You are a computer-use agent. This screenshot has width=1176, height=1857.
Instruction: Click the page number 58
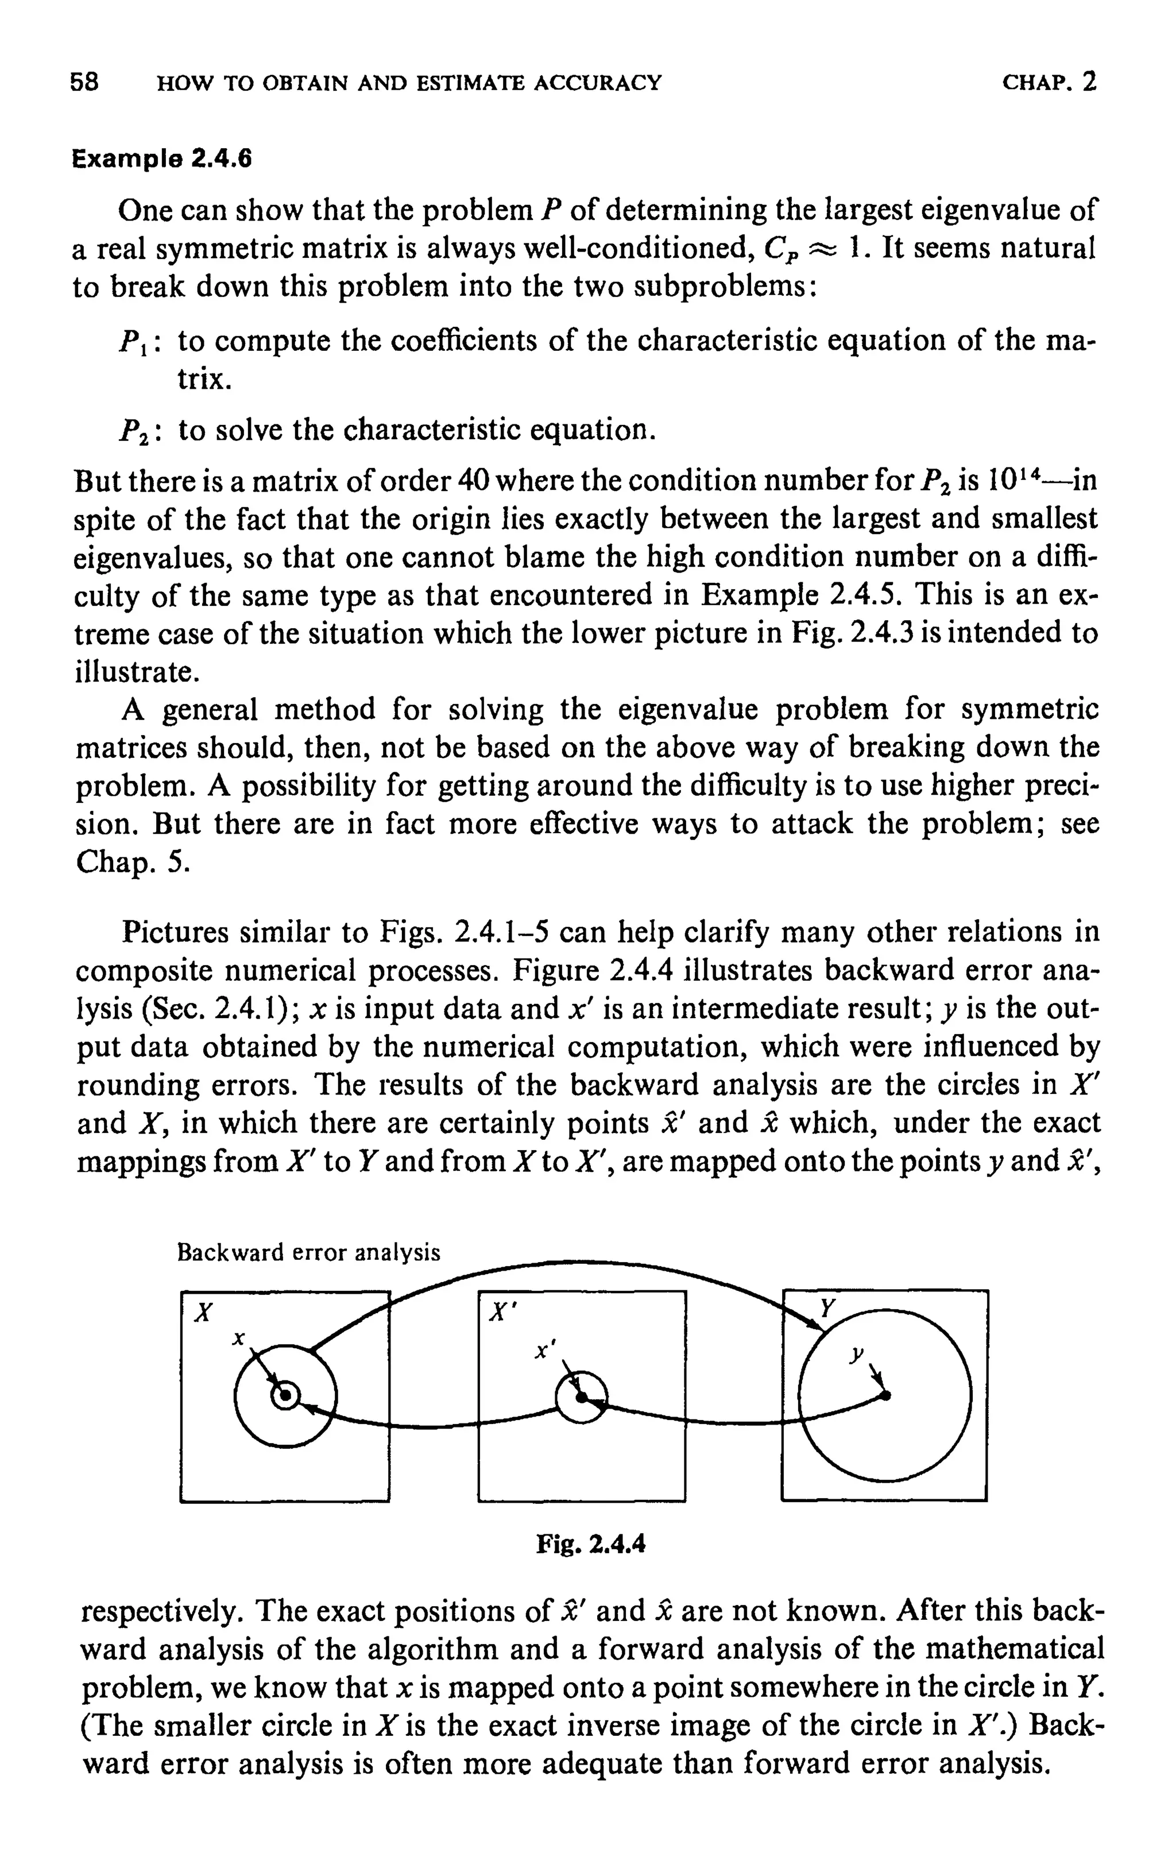tap(84, 82)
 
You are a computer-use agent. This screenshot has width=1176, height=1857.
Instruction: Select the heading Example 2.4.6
tap(162, 159)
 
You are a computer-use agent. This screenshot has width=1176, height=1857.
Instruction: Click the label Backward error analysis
tap(308, 1252)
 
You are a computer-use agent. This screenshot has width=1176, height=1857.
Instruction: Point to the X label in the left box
tap(203, 1313)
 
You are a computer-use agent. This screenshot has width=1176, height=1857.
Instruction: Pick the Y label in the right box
tap(827, 1309)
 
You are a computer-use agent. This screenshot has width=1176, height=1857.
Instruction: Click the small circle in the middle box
tap(582, 1396)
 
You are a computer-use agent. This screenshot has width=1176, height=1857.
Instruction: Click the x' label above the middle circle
tap(544, 1351)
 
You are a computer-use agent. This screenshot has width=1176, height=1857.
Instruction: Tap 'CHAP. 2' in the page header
tap(1049, 82)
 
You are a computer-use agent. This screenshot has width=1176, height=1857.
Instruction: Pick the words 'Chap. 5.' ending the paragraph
tap(132, 864)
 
